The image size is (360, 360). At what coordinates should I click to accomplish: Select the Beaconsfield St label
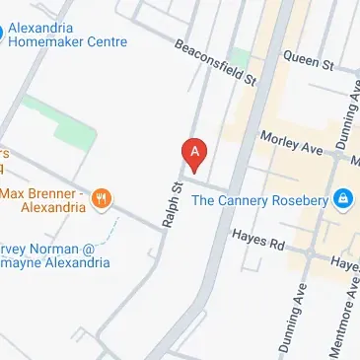click(216, 62)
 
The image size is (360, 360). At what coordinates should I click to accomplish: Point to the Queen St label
click(308, 60)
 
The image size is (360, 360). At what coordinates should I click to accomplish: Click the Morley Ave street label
click(292, 143)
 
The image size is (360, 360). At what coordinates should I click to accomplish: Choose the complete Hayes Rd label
click(257, 239)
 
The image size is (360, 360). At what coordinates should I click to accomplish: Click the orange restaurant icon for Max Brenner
click(101, 200)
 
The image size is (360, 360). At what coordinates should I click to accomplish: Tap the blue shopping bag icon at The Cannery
click(342, 200)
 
